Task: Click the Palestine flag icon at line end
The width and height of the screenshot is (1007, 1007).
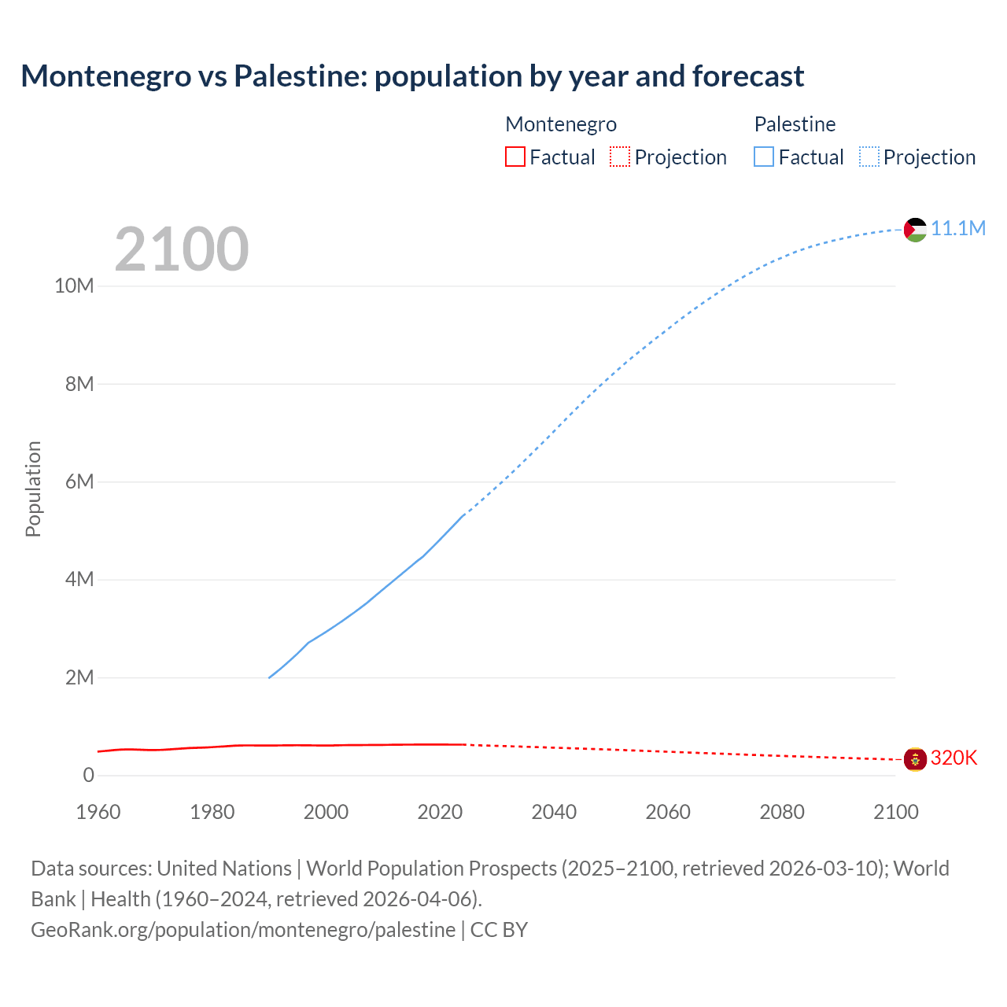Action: click(x=915, y=230)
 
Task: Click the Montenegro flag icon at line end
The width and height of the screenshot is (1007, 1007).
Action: click(x=915, y=759)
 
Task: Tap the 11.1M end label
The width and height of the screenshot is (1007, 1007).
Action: click(x=957, y=229)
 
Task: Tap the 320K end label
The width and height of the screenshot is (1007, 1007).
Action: click(x=954, y=758)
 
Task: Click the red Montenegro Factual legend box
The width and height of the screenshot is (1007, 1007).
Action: click(x=515, y=157)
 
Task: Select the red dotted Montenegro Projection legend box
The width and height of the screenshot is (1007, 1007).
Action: click(x=620, y=157)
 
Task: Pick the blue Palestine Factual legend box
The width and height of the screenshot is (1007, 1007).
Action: click(x=763, y=157)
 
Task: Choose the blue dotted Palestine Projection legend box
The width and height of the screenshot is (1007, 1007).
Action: click(x=869, y=157)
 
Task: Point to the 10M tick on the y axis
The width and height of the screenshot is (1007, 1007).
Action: click(x=74, y=286)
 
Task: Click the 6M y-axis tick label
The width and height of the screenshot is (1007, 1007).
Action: click(x=79, y=481)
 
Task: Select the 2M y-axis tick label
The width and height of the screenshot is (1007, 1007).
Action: click(x=79, y=677)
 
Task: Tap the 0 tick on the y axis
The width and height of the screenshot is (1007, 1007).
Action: click(x=88, y=776)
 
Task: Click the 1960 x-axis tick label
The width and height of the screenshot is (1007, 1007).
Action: click(x=98, y=812)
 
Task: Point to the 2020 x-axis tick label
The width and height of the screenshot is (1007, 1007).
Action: click(x=440, y=812)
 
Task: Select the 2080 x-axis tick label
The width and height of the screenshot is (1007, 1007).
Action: click(x=782, y=812)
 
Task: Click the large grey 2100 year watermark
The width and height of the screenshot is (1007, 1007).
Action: click(x=182, y=249)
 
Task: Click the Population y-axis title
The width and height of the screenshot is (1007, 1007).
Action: click(x=33, y=489)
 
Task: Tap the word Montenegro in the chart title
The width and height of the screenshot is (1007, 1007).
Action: click(x=106, y=76)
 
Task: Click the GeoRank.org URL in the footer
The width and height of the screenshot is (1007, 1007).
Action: click(x=242, y=930)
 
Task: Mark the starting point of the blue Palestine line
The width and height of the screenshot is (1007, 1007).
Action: click(x=269, y=677)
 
